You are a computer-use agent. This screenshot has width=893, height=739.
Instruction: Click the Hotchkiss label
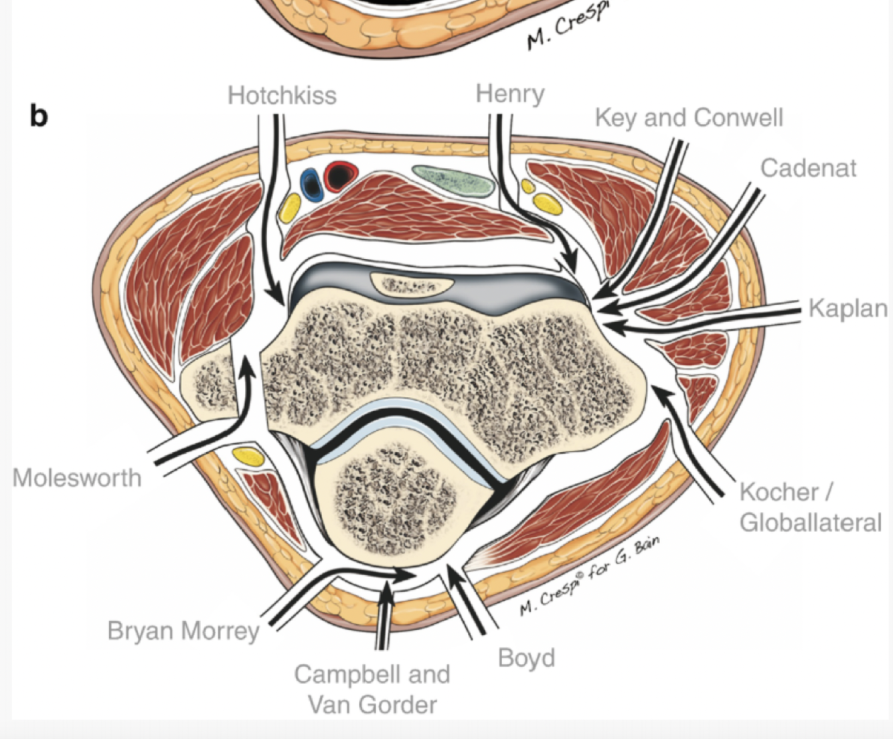click(x=282, y=96)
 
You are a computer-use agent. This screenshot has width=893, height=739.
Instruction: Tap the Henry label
click(x=510, y=94)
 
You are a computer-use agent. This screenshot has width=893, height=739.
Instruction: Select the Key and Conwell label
click(x=689, y=118)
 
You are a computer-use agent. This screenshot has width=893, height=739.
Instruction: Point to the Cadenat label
click(x=808, y=168)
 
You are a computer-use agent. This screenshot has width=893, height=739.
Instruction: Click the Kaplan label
click(x=847, y=309)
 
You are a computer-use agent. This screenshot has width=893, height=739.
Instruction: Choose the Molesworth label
click(x=77, y=478)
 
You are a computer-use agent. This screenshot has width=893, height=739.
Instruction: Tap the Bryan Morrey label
click(x=183, y=631)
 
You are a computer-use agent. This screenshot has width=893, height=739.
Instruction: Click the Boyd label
click(x=526, y=658)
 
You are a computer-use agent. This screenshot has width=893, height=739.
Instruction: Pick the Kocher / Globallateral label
click(x=810, y=507)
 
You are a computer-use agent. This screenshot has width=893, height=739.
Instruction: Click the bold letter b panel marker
click(x=39, y=116)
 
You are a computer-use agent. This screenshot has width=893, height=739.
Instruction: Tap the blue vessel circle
click(x=310, y=182)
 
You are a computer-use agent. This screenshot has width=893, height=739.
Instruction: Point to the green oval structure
click(x=454, y=179)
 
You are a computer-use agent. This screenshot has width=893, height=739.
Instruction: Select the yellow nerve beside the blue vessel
click(x=290, y=208)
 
